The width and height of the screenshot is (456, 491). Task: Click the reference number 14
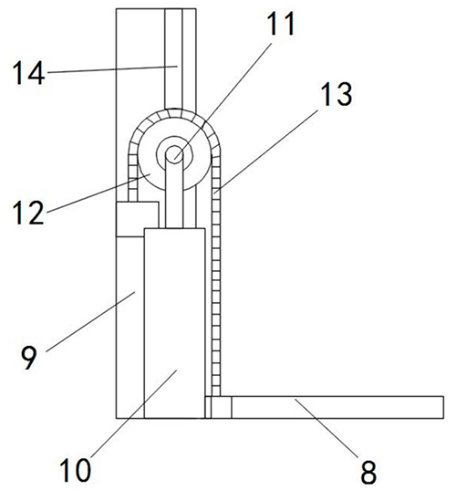pos(29,73)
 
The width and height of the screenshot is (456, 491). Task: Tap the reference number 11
pos(281,24)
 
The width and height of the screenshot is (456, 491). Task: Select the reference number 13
pos(337,94)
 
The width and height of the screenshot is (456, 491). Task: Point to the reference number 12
pos(28,213)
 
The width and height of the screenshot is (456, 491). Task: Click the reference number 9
pos(29,358)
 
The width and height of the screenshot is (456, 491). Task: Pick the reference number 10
pos(75,469)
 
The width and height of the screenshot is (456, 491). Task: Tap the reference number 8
pos(368,473)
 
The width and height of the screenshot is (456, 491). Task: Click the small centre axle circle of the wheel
pos(174,153)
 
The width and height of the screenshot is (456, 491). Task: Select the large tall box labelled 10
pos(174,323)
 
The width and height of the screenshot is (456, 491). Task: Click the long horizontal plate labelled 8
pos(337,407)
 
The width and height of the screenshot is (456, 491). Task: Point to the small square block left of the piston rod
pos(137,219)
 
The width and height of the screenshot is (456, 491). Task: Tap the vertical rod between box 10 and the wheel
pos(174,194)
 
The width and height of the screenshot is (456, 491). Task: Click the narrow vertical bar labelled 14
pos(173,58)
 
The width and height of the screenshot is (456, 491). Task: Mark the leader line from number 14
pos(111,69)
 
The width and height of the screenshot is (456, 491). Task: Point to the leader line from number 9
pos(91,321)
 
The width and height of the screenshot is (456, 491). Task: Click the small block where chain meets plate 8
pos(218,407)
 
